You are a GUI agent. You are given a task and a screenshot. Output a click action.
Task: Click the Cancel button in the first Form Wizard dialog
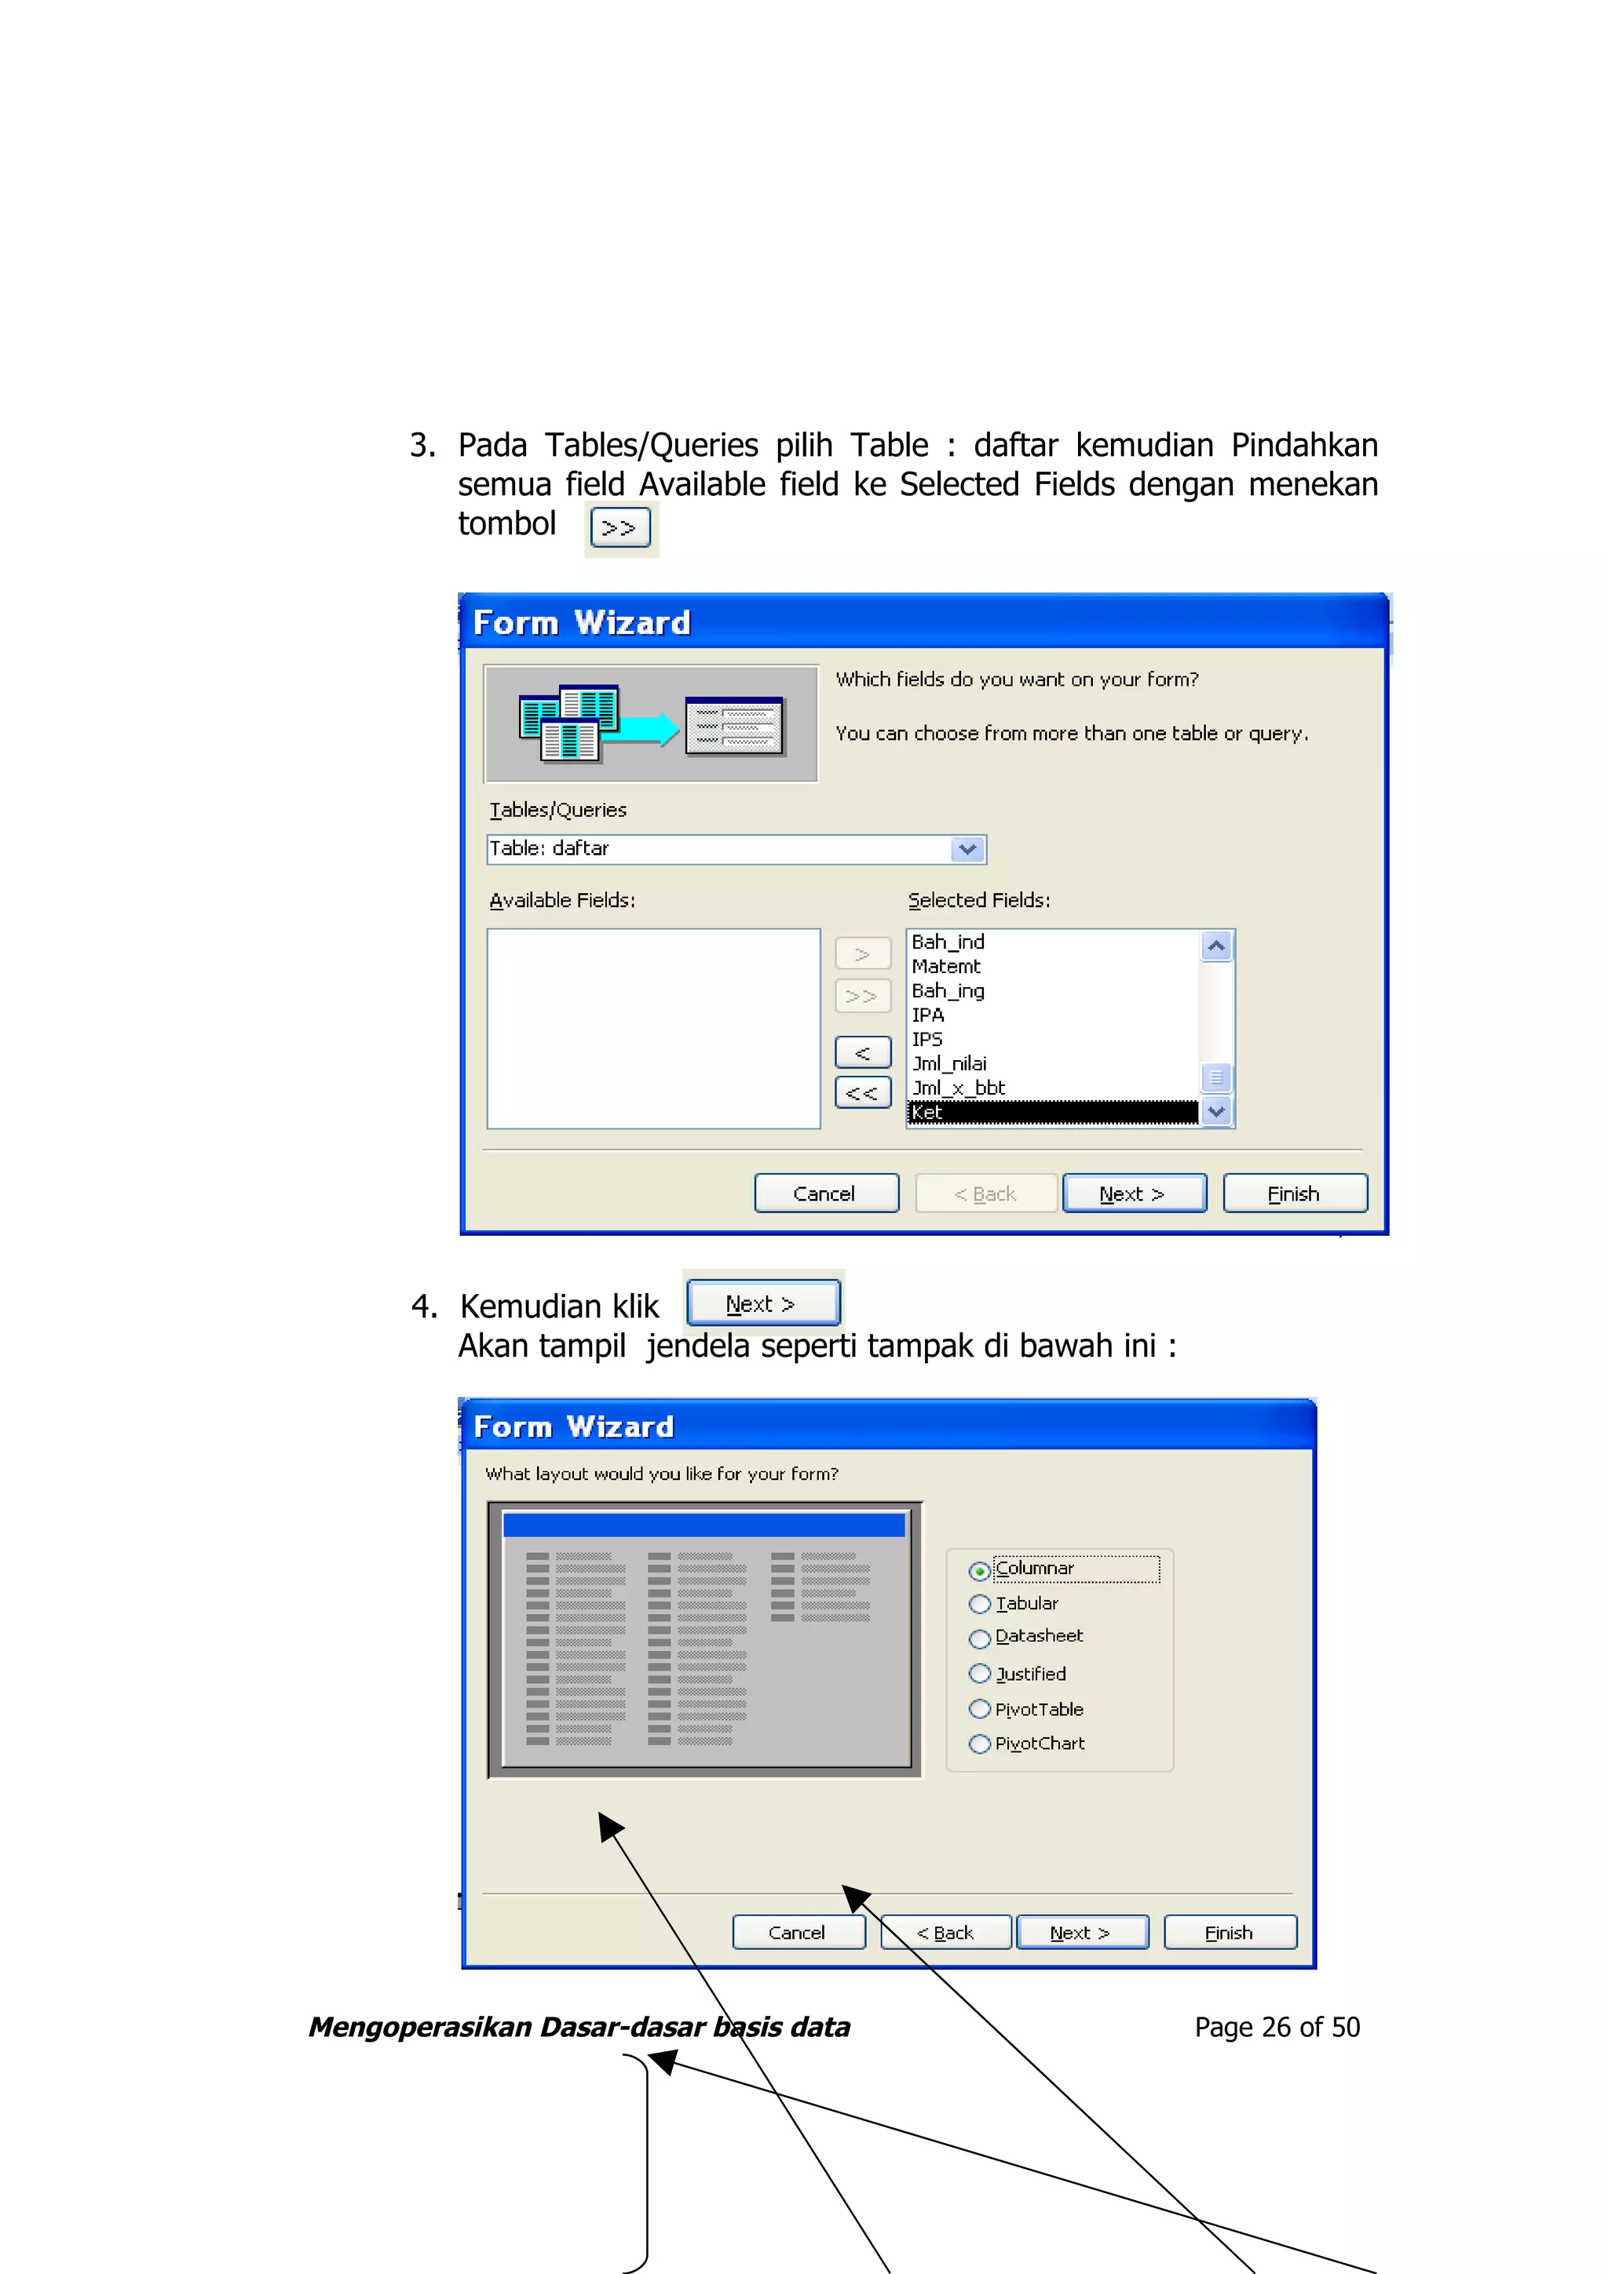click(825, 1193)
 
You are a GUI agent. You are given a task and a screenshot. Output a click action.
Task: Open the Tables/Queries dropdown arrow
click(967, 849)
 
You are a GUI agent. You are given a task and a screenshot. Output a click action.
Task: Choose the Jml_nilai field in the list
click(949, 1064)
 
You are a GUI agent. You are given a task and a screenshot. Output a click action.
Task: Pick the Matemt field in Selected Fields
click(946, 967)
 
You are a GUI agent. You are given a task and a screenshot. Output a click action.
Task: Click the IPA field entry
click(928, 1015)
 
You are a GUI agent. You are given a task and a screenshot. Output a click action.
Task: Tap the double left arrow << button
click(862, 1093)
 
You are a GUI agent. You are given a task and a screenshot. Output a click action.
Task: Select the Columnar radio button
click(980, 1571)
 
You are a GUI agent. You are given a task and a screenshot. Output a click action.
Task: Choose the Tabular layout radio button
click(980, 1605)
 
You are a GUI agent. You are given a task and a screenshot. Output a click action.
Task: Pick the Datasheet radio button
click(980, 1638)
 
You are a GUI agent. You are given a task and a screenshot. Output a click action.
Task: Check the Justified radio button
click(980, 1674)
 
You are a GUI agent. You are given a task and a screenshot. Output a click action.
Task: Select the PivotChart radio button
click(980, 1744)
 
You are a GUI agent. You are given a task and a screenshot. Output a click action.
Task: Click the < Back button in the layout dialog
click(945, 1933)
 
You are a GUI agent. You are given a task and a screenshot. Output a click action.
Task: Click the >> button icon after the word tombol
click(620, 528)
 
